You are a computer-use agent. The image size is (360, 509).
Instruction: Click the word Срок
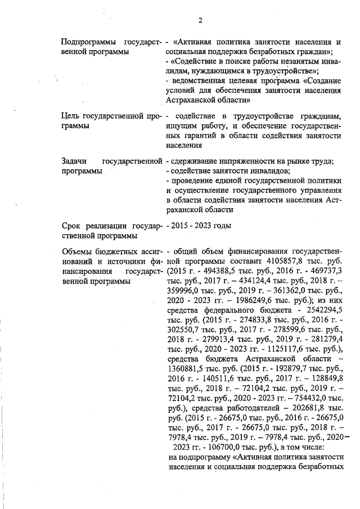point(72,226)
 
